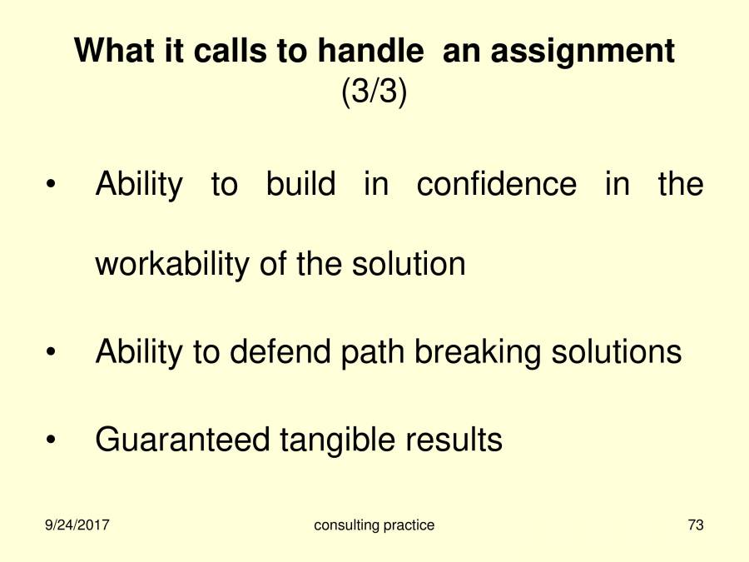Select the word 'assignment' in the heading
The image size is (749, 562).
tap(582, 52)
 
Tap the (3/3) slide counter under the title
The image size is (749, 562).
tap(374, 92)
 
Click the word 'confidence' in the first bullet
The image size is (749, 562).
tap(496, 184)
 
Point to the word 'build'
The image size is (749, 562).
tap(300, 184)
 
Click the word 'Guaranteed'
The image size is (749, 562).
tap(182, 440)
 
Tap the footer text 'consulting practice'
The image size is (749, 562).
tap(374, 525)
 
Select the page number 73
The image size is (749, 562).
tap(696, 525)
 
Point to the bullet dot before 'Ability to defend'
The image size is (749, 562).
tap(52, 354)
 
